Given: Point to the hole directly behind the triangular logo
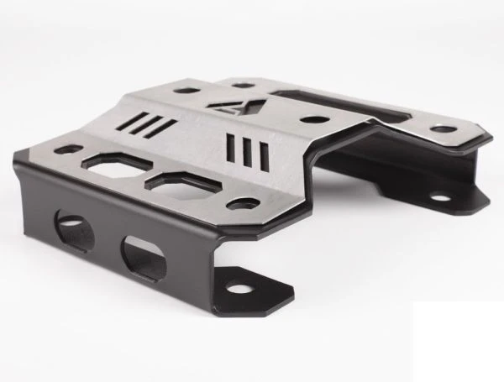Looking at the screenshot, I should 244,84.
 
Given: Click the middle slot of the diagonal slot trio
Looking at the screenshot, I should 151,125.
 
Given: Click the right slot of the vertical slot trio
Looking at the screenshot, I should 264,155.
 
